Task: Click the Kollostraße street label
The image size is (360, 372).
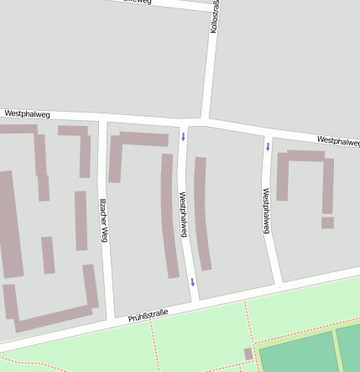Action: pyautogui.click(x=215, y=17)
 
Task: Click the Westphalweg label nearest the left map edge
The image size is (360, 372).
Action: pyautogui.click(x=27, y=113)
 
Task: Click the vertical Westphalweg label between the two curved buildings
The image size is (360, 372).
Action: pyautogui.click(x=184, y=214)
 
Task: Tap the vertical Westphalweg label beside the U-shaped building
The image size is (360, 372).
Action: pyautogui.click(x=266, y=210)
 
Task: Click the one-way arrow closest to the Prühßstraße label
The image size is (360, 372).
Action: pyautogui.click(x=192, y=282)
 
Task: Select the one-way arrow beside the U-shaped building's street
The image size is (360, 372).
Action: pyautogui.click(x=269, y=147)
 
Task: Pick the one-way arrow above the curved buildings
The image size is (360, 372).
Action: pyautogui.click(x=183, y=136)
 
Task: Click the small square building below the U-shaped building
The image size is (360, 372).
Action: pyautogui.click(x=327, y=223)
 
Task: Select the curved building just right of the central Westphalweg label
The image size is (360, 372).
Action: pyautogui.click(x=201, y=214)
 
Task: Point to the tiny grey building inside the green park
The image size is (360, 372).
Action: pyautogui.click(x=248, y=354)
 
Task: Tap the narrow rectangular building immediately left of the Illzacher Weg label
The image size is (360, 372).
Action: pyautogui.click(x=81, y=220)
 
